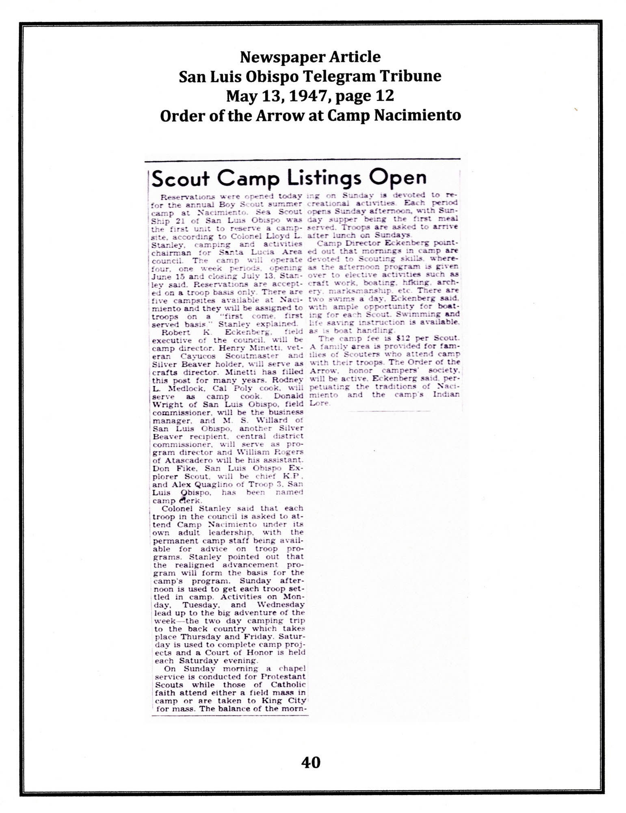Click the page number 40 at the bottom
311,762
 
